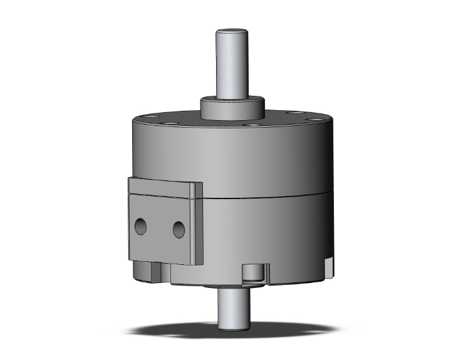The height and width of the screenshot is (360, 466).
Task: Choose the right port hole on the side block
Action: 179,229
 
